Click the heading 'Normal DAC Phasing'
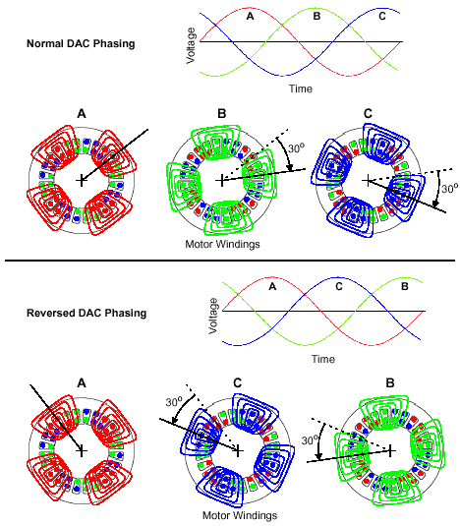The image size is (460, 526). point(81,43)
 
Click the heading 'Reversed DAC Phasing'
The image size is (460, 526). point(86,313)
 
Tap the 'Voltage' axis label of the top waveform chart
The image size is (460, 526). point(191,45)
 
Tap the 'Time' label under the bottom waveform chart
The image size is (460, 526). point(323,359)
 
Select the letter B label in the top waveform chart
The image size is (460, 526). point(316,16)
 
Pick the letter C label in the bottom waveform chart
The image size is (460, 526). point(339,286)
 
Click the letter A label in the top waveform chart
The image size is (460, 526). point(250,16)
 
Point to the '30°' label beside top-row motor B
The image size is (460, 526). point(296,147)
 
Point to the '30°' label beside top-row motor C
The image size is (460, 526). point(449,189)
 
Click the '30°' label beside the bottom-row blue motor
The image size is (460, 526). point(174,402)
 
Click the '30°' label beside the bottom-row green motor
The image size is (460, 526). point(310,440)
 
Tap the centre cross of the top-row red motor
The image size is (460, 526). point(82,181)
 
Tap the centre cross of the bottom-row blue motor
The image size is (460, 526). point(238,450)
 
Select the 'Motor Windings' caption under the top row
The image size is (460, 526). point(222,244)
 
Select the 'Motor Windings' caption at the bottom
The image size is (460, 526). point(240,515)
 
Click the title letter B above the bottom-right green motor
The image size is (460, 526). point(390,382)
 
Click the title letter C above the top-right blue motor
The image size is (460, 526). point(368,114)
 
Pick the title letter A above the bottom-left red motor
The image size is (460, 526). point(82,382)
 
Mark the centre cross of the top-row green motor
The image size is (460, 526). point(221,181)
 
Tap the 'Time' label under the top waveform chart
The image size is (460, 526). point(301,88)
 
